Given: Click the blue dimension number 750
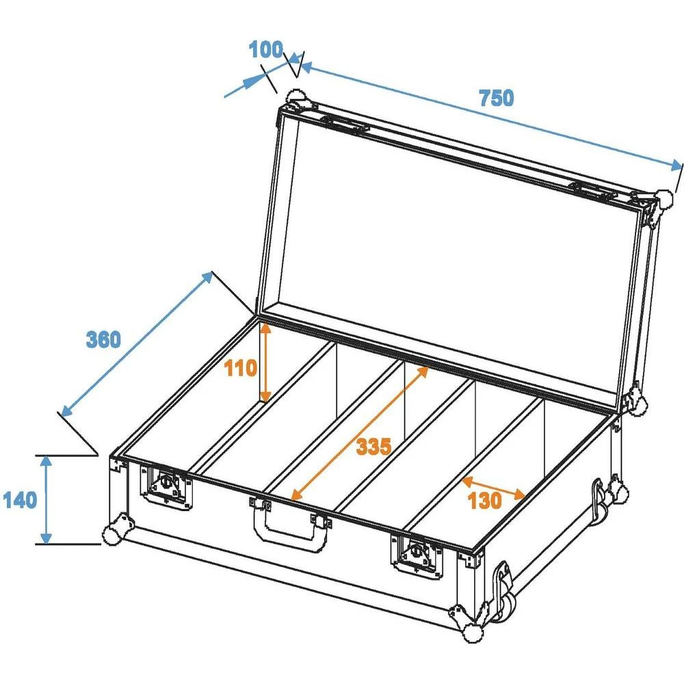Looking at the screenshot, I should [496, 98].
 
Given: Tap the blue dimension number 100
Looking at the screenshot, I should [265, 50].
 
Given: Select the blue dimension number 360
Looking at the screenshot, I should [103, 339].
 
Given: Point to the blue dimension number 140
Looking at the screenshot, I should [20, 500].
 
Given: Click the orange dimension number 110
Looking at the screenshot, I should [240, 369].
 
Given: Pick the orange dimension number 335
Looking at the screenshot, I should [373, 447].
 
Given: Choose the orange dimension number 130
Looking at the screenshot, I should [485, 501].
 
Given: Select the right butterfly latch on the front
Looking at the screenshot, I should [416, 552].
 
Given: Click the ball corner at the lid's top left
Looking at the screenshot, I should [295, 97].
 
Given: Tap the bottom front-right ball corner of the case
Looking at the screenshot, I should [471, 633].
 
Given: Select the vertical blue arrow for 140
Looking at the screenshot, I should [46, 500].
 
